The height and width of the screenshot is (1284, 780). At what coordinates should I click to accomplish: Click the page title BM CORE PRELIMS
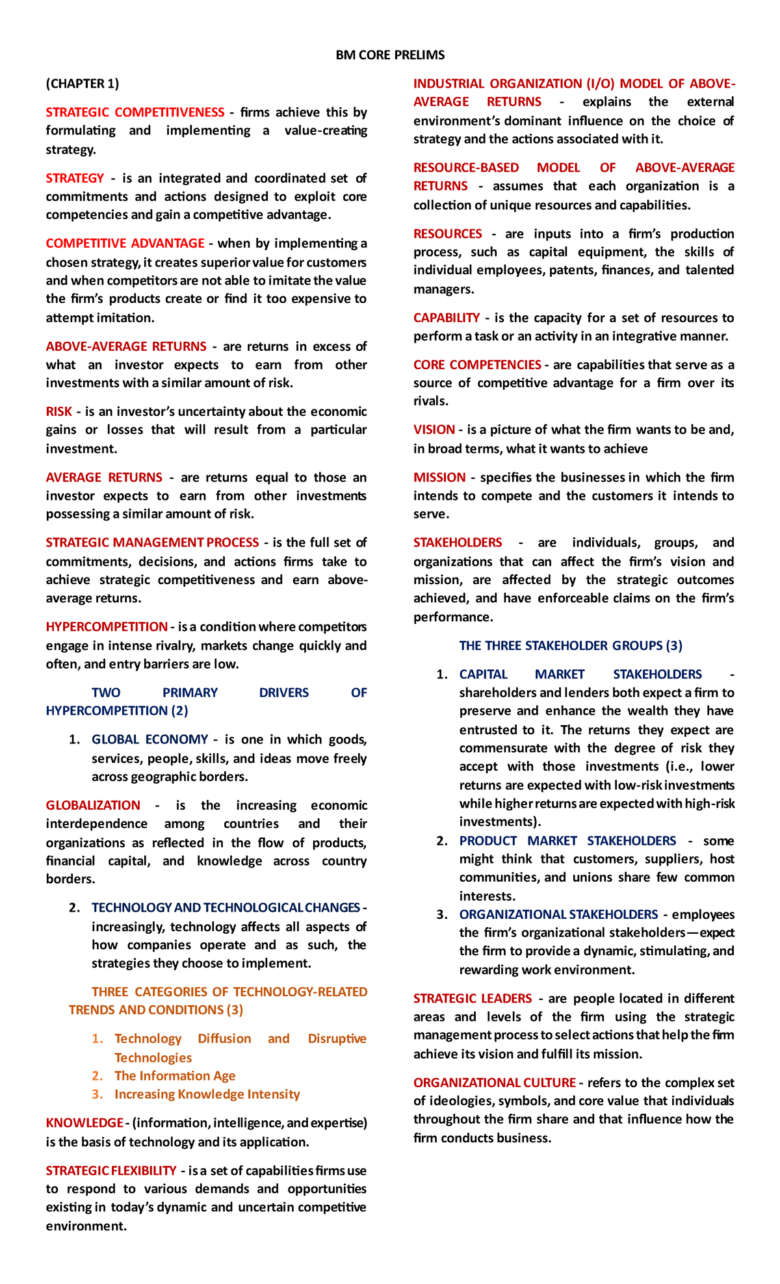click(390, 55)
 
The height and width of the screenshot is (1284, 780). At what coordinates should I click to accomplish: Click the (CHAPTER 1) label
click(83, 84)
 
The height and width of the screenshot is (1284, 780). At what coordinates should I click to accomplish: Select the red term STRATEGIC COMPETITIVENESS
click(135, 112)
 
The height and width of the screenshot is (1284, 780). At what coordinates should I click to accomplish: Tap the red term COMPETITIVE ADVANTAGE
click(125, 244)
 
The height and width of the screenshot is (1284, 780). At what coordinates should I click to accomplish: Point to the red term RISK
click(58, 412)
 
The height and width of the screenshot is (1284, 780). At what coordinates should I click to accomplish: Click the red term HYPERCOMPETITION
click(107, 627)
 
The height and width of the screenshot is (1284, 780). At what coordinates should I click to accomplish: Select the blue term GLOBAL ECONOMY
click(149, 739)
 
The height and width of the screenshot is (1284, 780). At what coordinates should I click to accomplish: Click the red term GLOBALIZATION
click(93, 806)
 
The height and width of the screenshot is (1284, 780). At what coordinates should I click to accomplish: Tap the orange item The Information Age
click(175, 1076)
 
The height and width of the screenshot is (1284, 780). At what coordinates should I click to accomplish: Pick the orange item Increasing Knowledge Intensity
click(207, 1094)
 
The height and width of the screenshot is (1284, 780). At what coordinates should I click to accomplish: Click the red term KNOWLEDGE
click(84, 1123)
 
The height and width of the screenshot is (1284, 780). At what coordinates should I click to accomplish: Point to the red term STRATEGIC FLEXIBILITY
click(111, 1171)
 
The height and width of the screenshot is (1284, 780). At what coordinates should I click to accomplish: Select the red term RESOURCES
click(448, 234)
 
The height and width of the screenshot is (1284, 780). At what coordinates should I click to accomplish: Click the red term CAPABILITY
click(447, 318)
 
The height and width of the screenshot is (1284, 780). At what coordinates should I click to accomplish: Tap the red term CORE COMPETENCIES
click(477, 365)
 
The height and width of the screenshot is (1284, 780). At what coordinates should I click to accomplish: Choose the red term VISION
click(434, 430)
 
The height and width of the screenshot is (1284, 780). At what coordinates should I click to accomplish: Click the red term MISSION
click(439, 478)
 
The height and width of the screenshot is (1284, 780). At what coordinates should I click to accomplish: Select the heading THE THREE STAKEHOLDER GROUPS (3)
click(571, 646)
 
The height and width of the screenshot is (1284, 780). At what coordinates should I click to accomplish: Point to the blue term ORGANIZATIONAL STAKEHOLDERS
click(558, 915)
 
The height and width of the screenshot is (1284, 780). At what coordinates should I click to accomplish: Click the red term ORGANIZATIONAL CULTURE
click(494, 1083)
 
